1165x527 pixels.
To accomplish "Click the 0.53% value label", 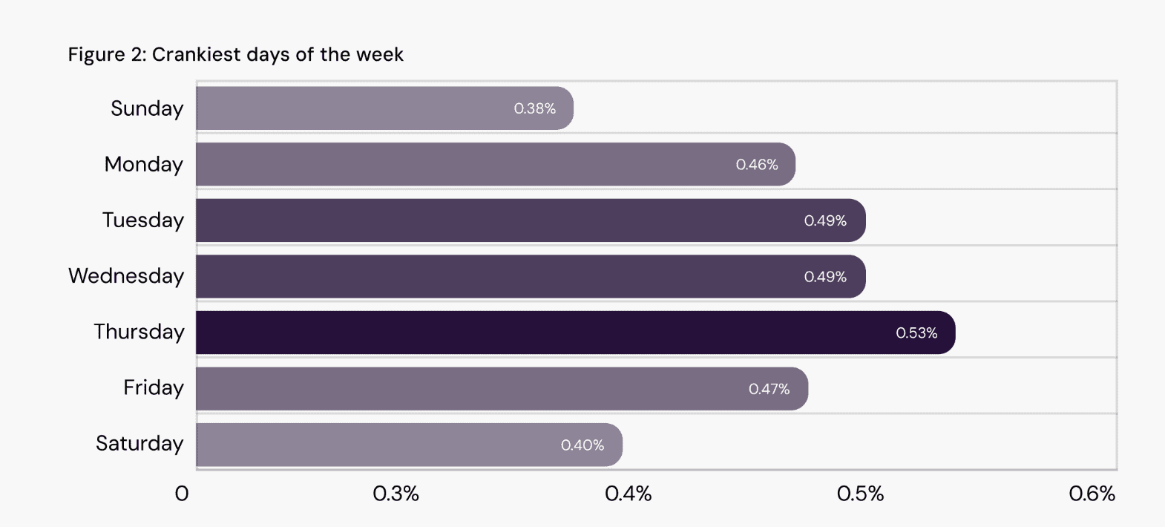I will click(x=916, y=333).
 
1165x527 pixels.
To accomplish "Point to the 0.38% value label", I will click(x=534, y=108).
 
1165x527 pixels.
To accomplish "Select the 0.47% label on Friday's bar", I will click(x=769, y=389).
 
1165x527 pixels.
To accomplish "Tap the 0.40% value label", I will click(x=582, y=445).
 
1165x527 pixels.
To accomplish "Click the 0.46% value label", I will click(x=756, y=165).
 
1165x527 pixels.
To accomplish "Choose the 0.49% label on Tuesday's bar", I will click(x=825, y=220).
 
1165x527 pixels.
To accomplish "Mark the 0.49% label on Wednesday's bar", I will click(x=825, y=277).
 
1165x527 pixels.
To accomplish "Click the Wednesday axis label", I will click(x=126, y=276).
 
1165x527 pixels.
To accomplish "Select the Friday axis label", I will click(x=154, y=387).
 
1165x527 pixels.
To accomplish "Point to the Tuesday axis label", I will click(x=142, y=220).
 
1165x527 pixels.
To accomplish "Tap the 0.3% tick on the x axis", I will click(x=396, y=494).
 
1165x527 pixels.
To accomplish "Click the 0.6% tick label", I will click(x=1092, y=494).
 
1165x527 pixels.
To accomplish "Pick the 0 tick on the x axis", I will click(x=182, y=494).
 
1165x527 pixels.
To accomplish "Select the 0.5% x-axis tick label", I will click(x=860, y=494).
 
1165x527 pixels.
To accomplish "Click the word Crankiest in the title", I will click(x=196, y=55).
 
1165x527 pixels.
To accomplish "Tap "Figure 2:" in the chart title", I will click(x=107, y=55).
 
